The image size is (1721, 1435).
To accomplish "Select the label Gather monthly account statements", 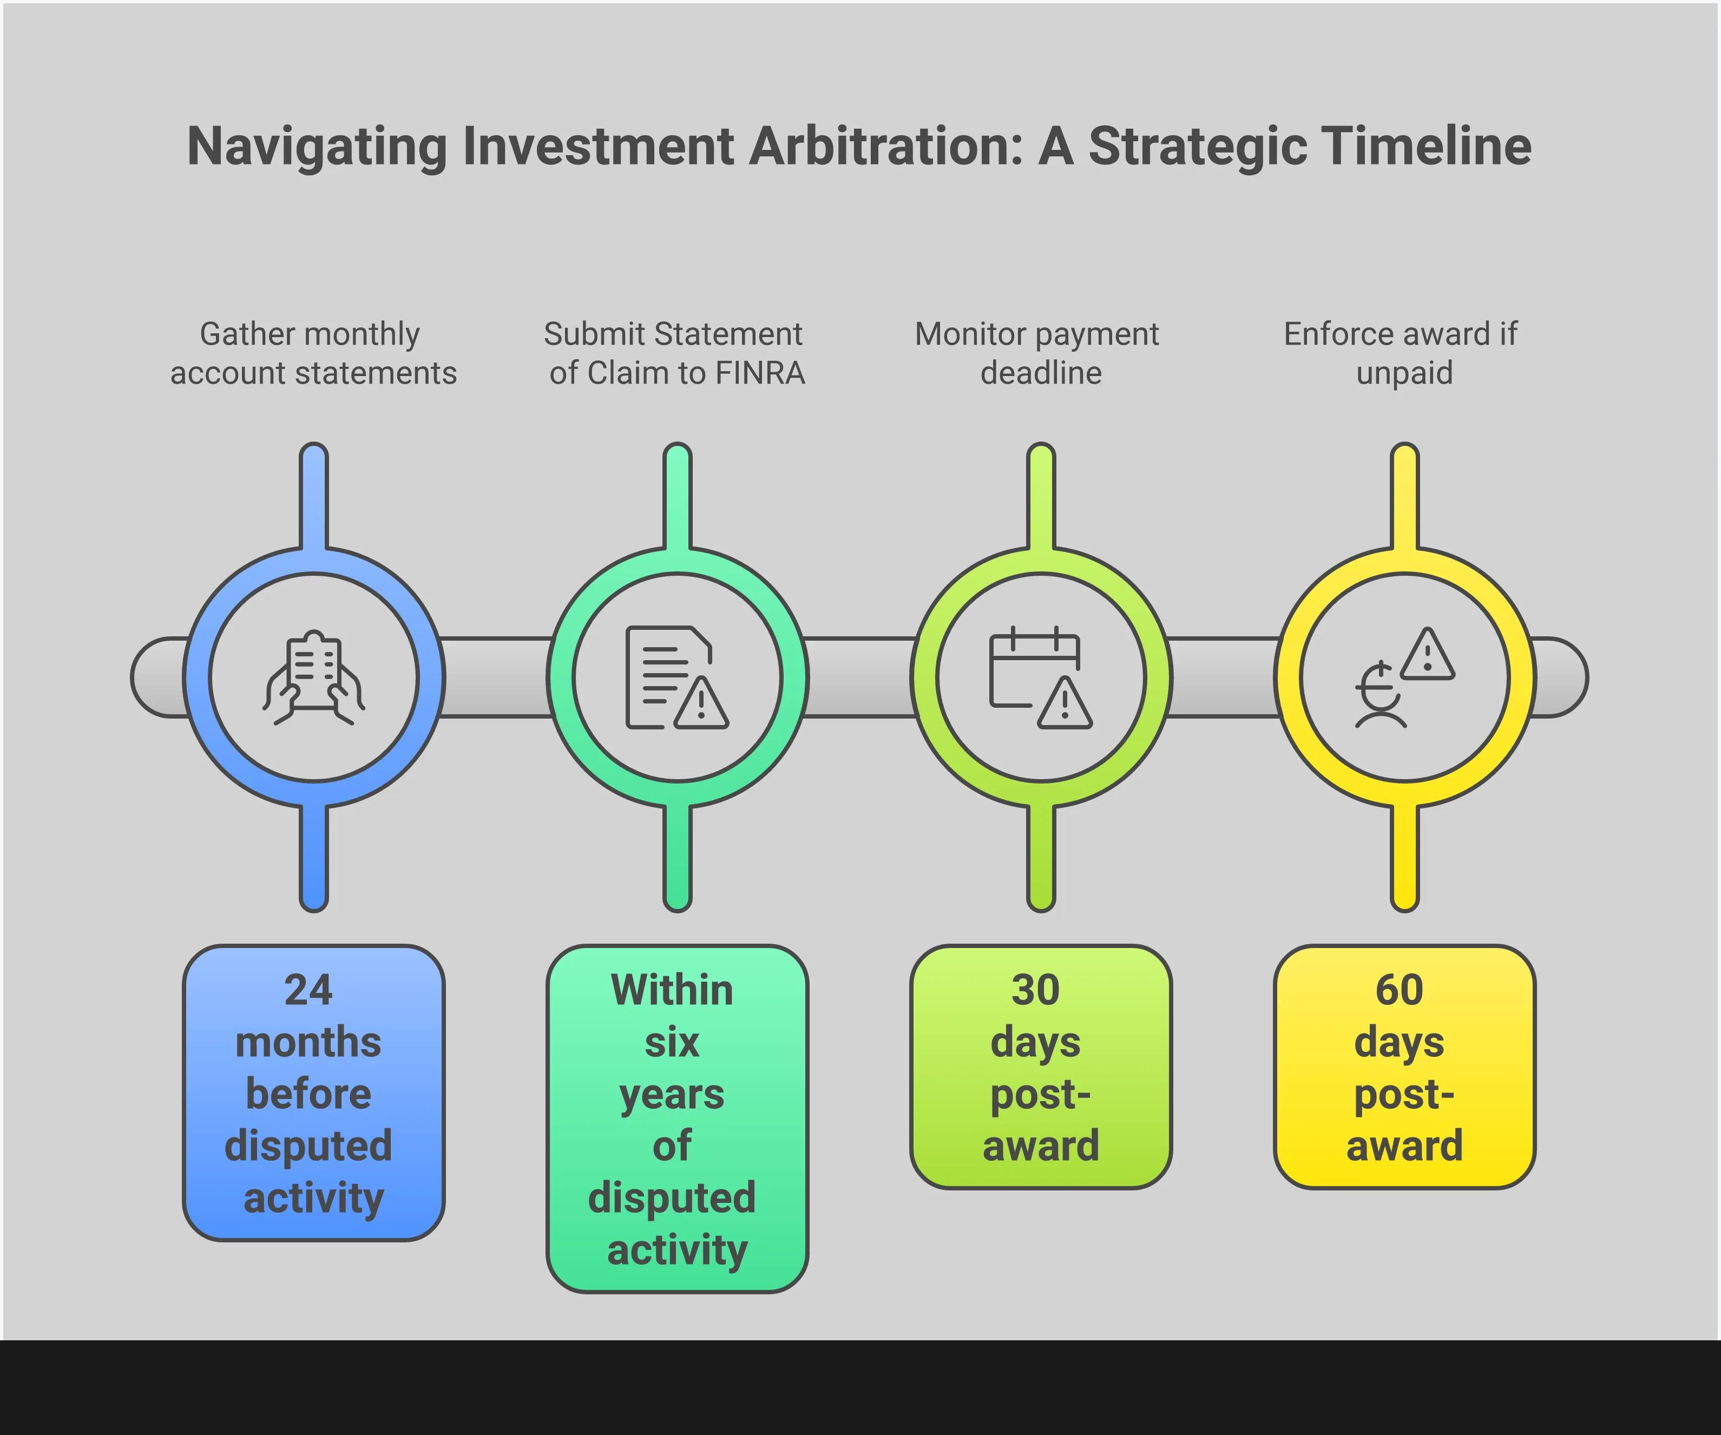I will pos(312,353).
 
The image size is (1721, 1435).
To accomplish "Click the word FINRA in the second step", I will pos(759,373).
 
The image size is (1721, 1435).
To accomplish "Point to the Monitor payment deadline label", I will pos(1039,353).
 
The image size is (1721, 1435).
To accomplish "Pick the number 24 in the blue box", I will pos(309,990).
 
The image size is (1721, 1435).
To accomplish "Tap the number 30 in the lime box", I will pos(1035,990).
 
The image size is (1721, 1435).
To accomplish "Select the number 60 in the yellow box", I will pos(1399,990).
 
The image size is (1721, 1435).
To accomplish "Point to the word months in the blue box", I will pos(309,1043).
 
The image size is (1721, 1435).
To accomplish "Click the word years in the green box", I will pos(672,1095).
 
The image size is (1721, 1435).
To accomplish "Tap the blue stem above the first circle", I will pos(314,496).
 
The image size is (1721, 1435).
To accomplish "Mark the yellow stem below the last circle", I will pos(1404,857).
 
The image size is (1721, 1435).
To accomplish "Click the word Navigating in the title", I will pos(316,146).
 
